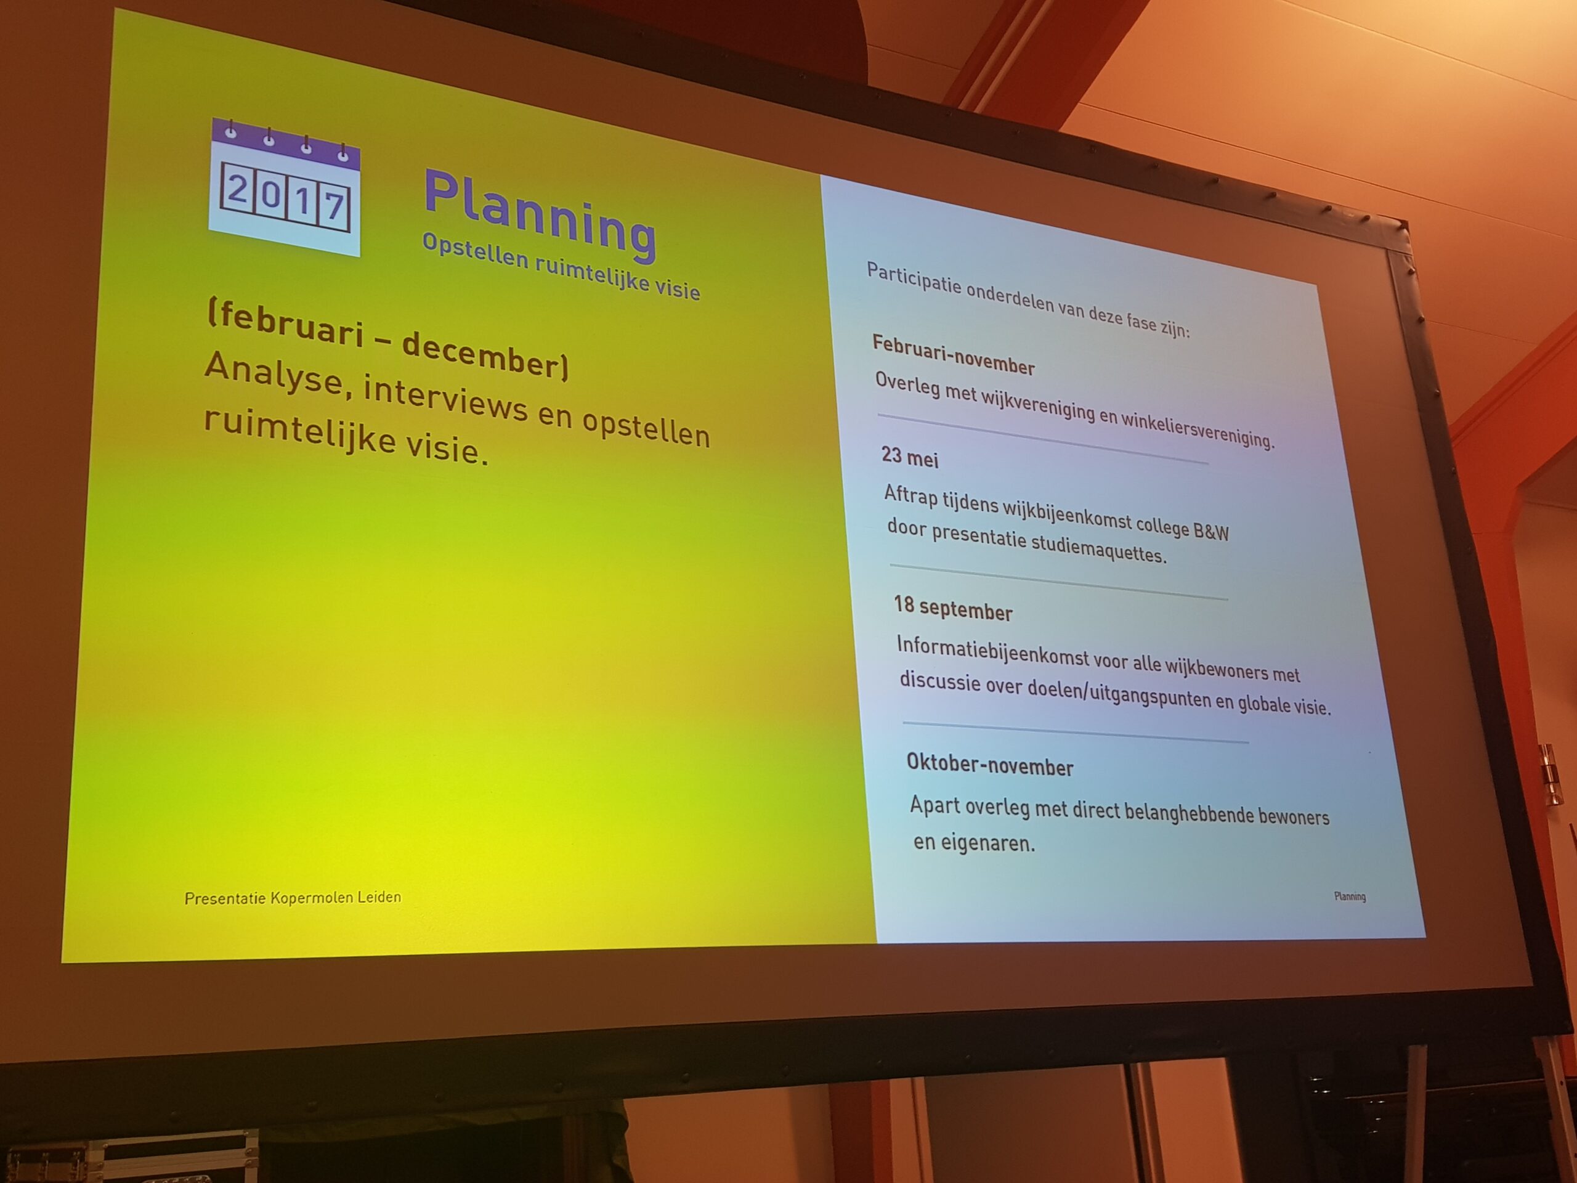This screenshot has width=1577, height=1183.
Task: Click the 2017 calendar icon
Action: [x=285, y=187]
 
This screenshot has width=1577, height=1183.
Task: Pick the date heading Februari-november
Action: [x=953, y=355]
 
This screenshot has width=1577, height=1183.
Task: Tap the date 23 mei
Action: [x=910, y=457]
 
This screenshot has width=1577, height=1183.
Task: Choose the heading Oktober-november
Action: [x=989, y=765]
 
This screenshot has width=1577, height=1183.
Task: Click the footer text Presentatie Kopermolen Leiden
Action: [x=293, y=898]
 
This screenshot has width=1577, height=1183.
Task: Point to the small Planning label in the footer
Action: [x=1350, y=896]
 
